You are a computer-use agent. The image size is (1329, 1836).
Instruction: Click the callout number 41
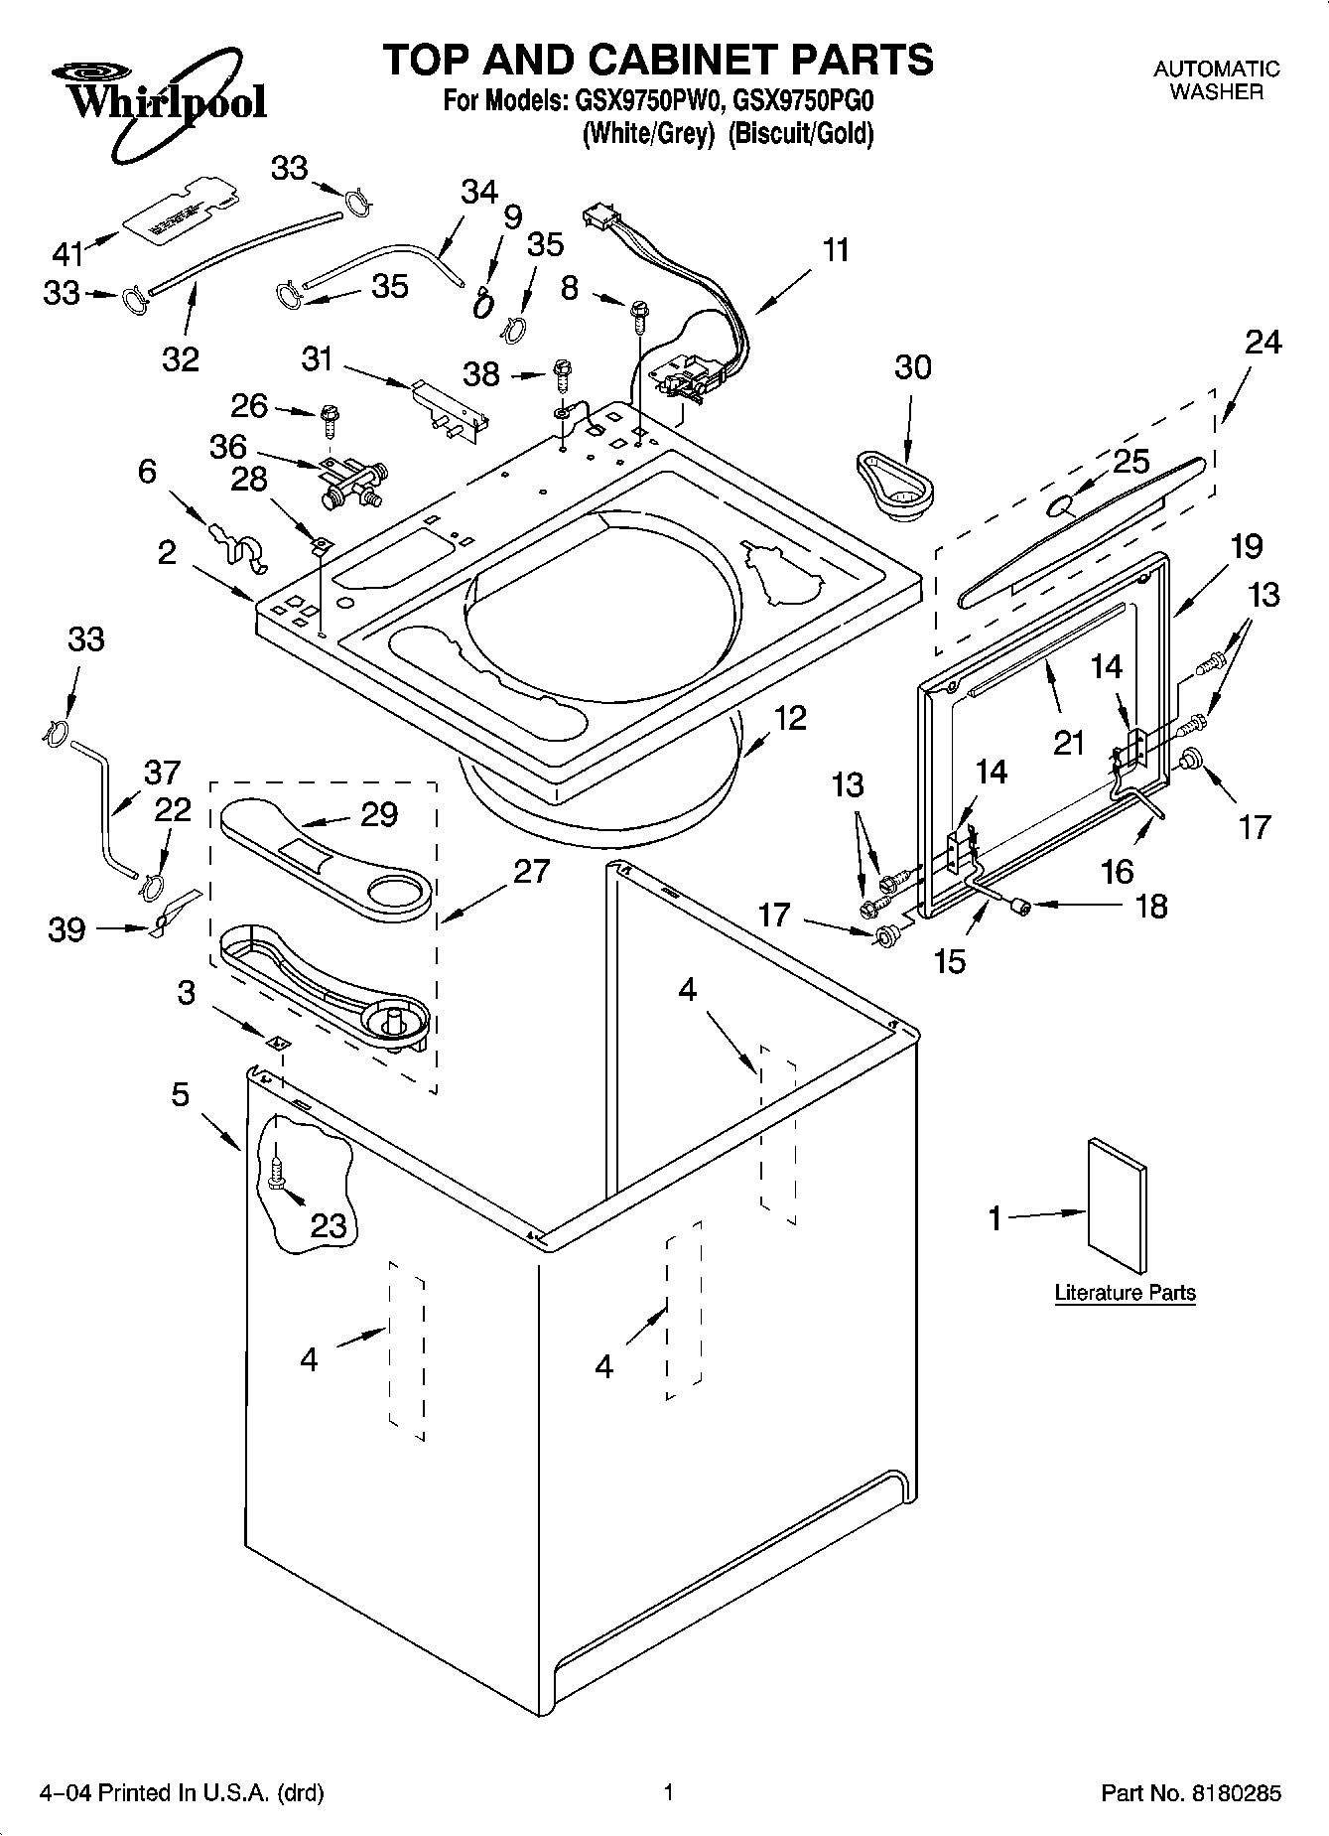coord(67,254)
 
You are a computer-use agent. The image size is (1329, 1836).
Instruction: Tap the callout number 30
coord(912,367)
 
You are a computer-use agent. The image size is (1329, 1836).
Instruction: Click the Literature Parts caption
coord(1125,1293)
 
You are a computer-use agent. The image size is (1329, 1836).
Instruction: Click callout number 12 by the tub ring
coord(790,717)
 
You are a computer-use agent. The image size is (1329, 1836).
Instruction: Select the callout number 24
coord(1263,343)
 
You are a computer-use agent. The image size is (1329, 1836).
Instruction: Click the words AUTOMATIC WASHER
coord(1216,80)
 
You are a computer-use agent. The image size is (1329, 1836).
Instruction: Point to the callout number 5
coord(180,1094)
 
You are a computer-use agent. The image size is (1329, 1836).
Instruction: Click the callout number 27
coord(532,871)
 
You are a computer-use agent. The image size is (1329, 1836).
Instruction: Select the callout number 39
coord(66,930)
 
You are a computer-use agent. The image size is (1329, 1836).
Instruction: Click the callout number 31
coord(317,358)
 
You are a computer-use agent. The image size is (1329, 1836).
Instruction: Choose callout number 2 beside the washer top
coord(166,552)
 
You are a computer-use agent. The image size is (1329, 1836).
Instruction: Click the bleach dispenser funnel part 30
coord(893,482)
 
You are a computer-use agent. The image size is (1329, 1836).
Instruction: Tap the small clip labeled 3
coord(279,1042)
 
